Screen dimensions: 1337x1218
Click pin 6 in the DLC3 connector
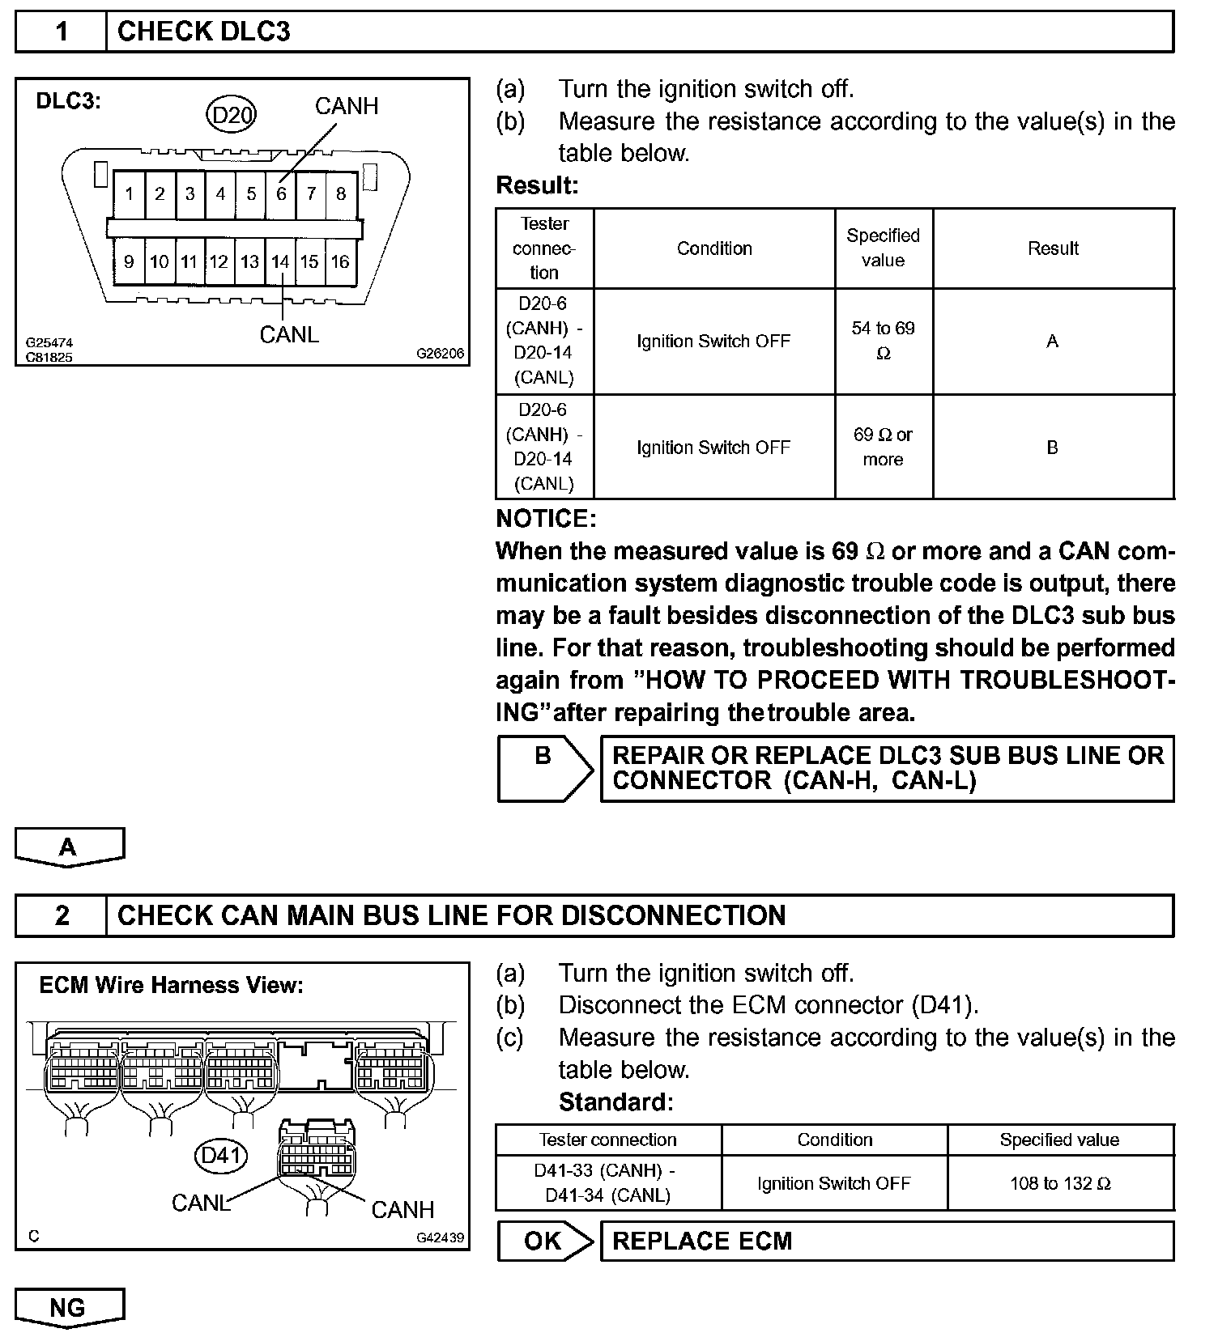[281, 194]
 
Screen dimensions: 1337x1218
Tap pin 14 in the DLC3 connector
[280, 261]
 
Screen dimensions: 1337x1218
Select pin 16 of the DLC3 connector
[340, 261]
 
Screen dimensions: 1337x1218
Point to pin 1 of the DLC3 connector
[129, 194]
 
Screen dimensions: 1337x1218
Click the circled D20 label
[232, 115]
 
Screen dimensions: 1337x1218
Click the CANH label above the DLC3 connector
[346, 106]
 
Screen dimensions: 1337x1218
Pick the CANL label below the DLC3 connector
[289, 334]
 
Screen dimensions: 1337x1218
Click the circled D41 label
[221, 1155]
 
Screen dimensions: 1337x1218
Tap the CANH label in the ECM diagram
[402, 1209]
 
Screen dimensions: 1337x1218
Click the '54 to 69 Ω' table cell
[883, 341]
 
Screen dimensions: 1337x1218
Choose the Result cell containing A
[1052, 341]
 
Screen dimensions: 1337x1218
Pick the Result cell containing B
[1052, 447]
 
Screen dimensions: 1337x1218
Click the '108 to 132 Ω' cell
[1060, 1183]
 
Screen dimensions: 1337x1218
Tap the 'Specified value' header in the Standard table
[1059, 1140]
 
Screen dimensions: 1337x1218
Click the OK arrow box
[544, 1241]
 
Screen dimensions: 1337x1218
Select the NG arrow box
[69, 1307]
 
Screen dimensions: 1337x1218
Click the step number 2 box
[62, 915]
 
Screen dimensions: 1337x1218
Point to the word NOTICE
[545, 518]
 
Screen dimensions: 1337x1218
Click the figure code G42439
[440, 1237]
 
